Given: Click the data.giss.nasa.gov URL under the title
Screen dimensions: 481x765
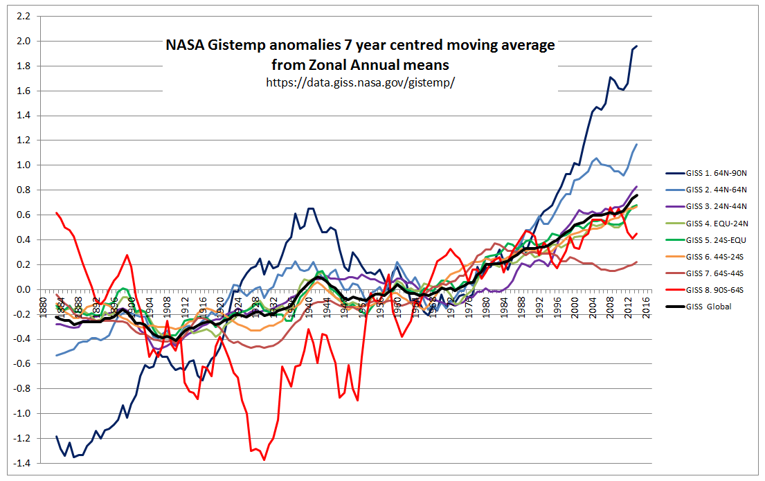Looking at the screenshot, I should point(360,82).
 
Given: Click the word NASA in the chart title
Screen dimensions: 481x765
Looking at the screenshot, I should point(184,46).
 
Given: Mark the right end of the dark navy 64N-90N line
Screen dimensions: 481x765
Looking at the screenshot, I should point(637,46).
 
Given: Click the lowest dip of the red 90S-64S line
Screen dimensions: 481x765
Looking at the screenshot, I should point(264,460).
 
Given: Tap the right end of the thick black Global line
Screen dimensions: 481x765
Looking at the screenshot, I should point(637,195).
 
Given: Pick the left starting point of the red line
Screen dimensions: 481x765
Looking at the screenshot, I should point(56,212).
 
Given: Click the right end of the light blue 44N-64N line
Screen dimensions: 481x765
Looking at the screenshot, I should point(637,144).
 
